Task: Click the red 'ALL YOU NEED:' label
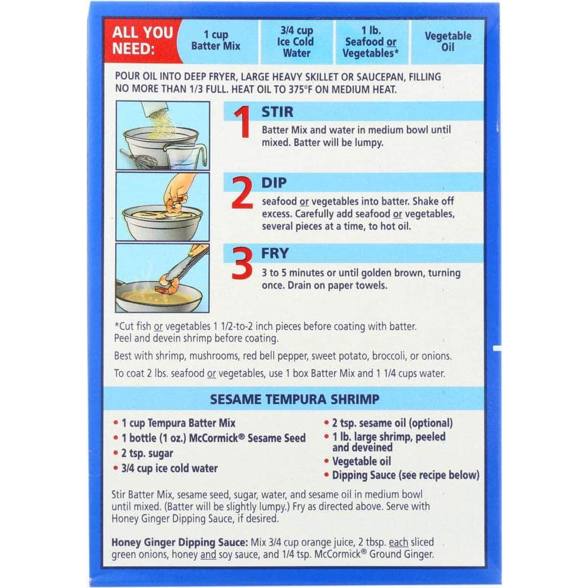click(x=142, y=41)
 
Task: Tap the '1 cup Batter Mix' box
click(x=218, y=41)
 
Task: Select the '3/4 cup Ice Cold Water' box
click(x=296, y=41)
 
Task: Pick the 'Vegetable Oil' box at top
click(x=447, y=41)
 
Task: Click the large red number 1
click(x=242, y=122)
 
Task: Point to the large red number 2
click(x=242, y=192)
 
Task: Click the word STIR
click(x=278, y=112)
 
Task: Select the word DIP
click(x=274, y=183)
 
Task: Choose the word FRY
click(x=275, y=253)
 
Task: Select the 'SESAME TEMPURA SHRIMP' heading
click(x=295, y=399)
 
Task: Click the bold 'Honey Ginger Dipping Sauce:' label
click(x=179, y=542)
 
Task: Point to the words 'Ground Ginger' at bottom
click(x=401, y=554)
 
